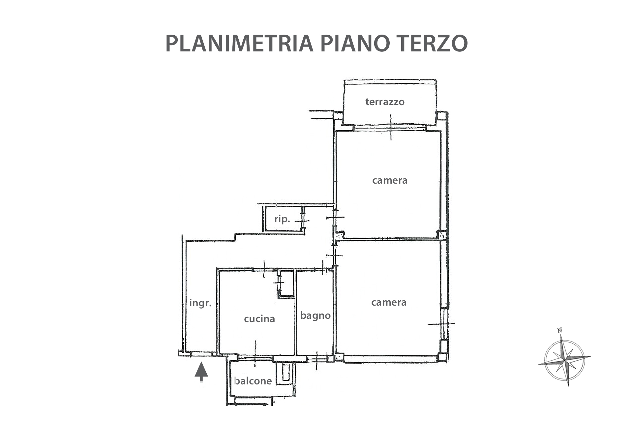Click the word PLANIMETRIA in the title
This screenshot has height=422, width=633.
pos(239,44)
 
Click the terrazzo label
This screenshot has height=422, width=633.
pos(385,102)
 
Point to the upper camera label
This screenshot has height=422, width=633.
pos(390,181)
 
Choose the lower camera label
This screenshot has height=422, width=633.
pos(389,303)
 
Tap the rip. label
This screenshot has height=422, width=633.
pos(282,219)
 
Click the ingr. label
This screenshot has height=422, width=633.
pos(200,303)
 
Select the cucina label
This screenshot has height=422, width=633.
pos(259,319)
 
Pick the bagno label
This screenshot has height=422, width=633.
pos(315,316)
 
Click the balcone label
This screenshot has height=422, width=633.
pos(253,381)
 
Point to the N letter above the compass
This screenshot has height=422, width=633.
pos(559,330)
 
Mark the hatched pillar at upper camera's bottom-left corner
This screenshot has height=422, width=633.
pos(340,235)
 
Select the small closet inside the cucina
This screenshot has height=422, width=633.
pos(286,284)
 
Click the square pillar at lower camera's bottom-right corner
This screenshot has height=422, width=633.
pos(442,357)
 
